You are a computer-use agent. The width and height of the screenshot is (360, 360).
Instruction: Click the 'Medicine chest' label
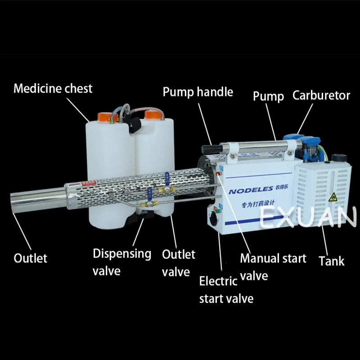click(x=53, y=88)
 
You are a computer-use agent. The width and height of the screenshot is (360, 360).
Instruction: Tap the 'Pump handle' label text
click(x=198, y=92)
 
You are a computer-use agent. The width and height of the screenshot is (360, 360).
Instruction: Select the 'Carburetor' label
click(x=321, y=95)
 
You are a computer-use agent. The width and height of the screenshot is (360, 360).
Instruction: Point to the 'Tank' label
click(x=332, y=261)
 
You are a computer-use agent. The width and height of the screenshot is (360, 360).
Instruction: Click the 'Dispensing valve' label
click(x=121, y=261)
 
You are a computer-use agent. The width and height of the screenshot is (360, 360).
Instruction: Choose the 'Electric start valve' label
click(x=225, y=290)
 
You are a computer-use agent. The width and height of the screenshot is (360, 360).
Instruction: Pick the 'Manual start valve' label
click(x=273, y=266)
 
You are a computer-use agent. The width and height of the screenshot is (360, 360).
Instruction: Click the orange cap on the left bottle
click(x=108, y=117)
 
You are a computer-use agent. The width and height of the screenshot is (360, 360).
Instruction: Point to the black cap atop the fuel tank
click(x=337, y=158)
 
